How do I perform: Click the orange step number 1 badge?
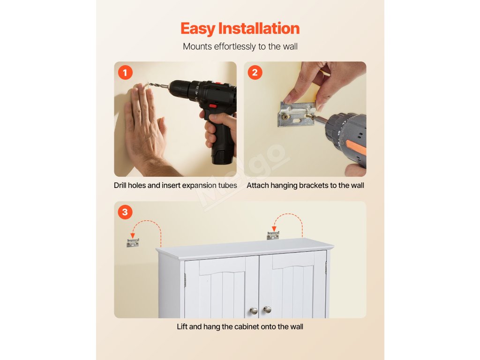(x=125, y=73)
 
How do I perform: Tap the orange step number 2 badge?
(x=255, y=73)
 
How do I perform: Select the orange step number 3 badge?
(x=125, y=212)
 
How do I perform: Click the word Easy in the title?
(x=198, y=29)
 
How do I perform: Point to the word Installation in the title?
(x=259, y=28)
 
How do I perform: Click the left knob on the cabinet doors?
(x=254, y=311)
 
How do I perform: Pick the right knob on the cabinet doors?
(x=268, y=310)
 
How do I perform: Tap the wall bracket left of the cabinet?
(x=133, y=243)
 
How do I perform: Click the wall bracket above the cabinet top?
(x=273, y=235)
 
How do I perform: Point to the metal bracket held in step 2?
(x=297, y=114)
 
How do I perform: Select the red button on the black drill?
(x=213, y=106)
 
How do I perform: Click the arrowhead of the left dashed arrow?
(x=133, y=235)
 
